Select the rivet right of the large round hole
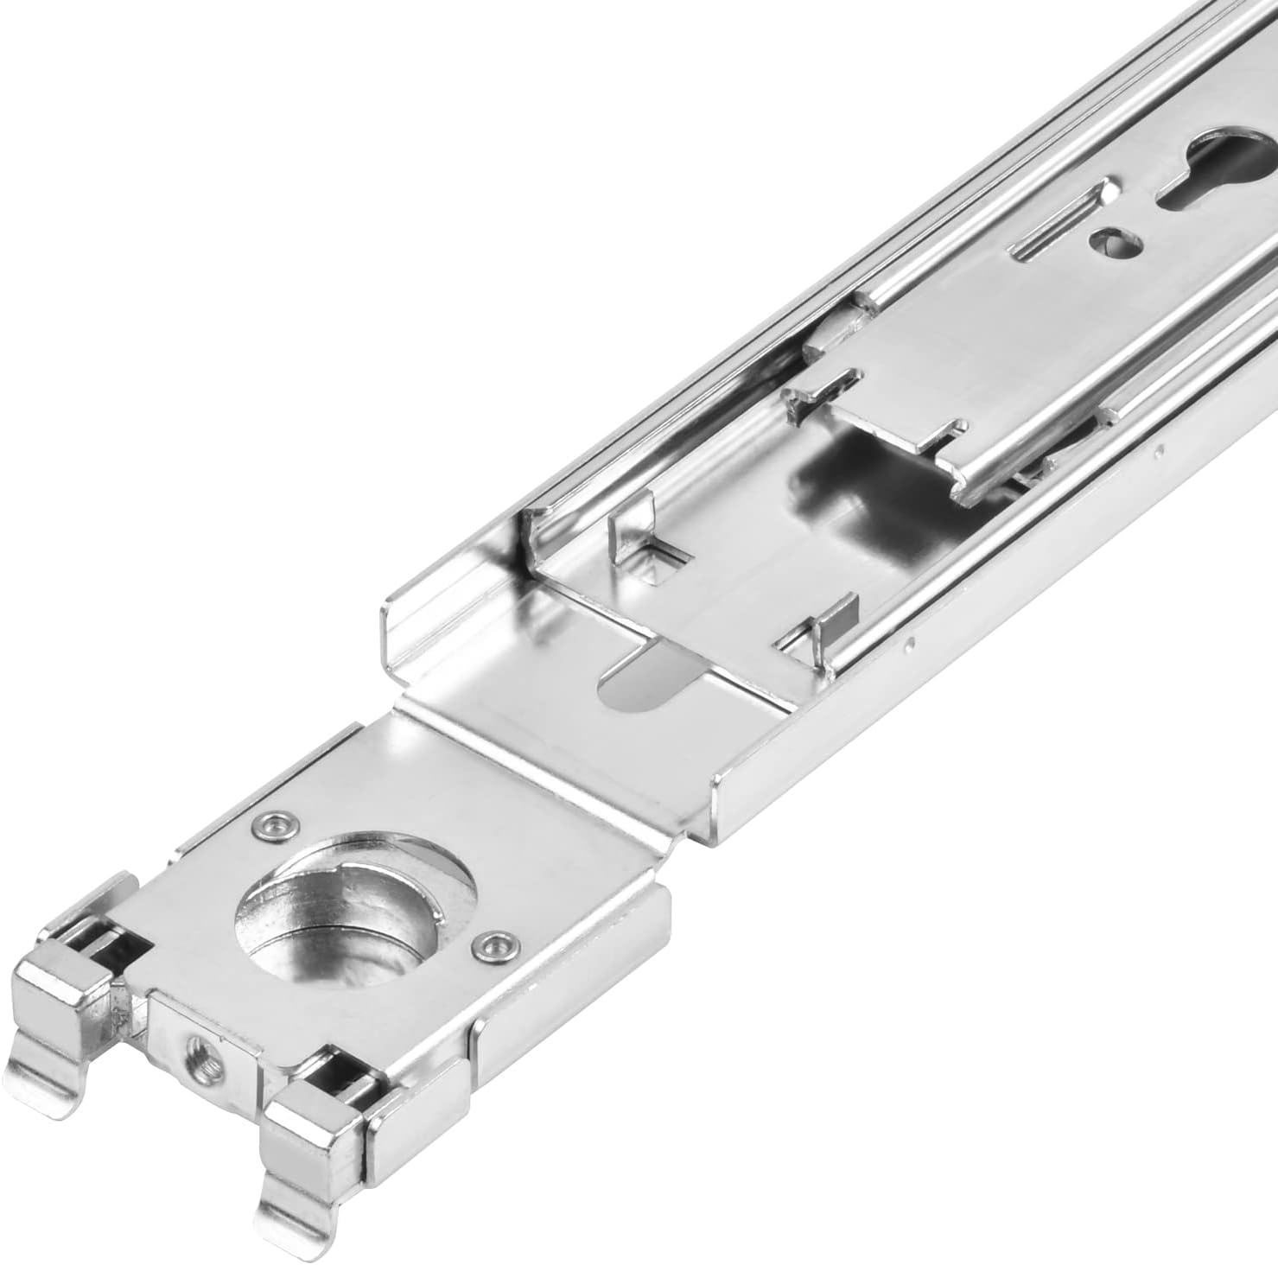[493, 947]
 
